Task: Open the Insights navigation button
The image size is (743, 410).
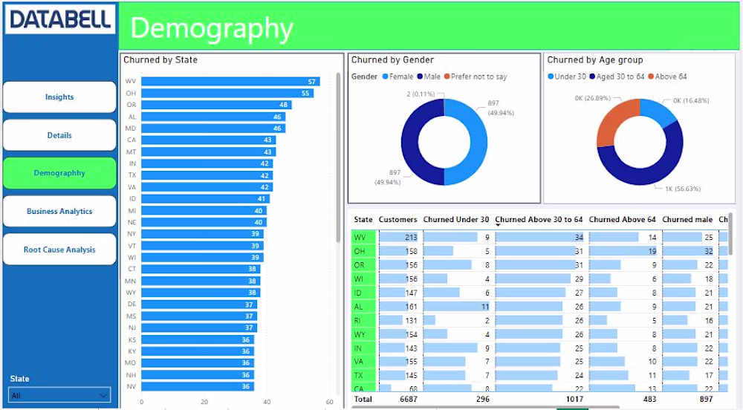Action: pyautogui.click(x=59, y=97)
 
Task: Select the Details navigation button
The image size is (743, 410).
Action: pyautogui.click(x=59, y=135)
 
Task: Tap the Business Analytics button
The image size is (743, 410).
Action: pyautogui.click(x=59, y=212)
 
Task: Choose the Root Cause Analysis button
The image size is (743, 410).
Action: pyautogui.click(x=59, y=250)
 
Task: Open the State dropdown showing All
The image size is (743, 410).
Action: pyautogui.click(x=59, y=395)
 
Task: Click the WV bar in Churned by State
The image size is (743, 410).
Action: pyautogui.click(x=230, y=82)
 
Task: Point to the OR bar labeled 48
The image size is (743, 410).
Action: pyautogui.click(x=215, y=105)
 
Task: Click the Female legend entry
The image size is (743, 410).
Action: pyautogui.click(x=398, y=77)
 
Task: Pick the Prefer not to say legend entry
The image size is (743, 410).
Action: pyautogui.click(x=476, y=77)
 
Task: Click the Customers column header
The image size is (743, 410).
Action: pyautogui.click(x=398, y=220)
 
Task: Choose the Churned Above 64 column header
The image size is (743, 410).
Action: pyautogui.click(x=623, y=220)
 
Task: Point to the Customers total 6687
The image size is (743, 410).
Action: pyautogui.click(x=408, y=399)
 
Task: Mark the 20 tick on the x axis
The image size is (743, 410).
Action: pyautogui.click(x=204, y=402)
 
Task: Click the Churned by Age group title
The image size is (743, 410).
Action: pyautogui.click(x=595, y=60)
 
